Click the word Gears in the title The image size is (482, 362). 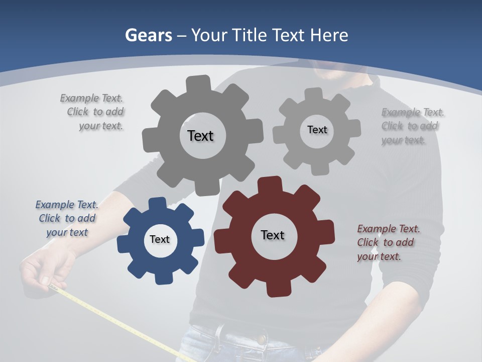pos(149,35)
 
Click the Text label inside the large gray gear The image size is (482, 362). pos(200,136)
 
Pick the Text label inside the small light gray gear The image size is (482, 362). pos(317,130)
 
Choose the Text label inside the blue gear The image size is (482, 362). pos(160,239)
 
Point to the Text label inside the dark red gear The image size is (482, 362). pos(273,235)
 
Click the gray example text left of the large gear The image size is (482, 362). pos(93,112)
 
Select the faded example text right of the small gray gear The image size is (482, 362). pos(412,126)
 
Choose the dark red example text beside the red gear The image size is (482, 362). pos(388,242)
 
